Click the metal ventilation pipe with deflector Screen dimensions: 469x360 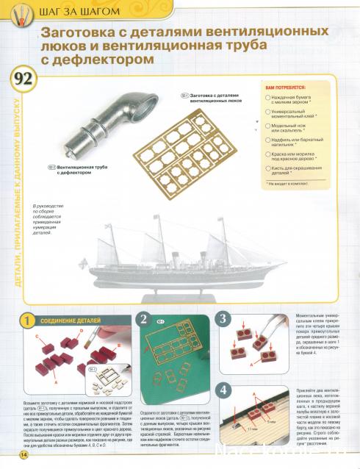coord(96,117)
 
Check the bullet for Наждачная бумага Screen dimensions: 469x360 coord(267,98)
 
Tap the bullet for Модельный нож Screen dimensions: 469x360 coord(267,125)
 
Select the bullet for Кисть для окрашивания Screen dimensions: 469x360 coord(267,168)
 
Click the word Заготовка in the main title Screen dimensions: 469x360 coord(82,34)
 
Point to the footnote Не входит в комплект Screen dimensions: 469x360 coord(291,181)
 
